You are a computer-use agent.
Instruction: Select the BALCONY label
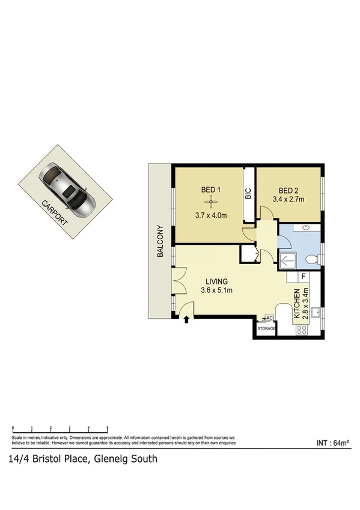(160, 242)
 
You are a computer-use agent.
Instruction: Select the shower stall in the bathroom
(288, 260)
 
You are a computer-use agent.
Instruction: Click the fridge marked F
(304, 277)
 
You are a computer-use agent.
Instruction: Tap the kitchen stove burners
(301, 330)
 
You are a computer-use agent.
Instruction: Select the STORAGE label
(266, 330)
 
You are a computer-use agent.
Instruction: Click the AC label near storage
(269, 318)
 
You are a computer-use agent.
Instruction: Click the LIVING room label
(217, 281)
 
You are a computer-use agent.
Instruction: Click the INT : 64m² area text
(332, 443)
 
